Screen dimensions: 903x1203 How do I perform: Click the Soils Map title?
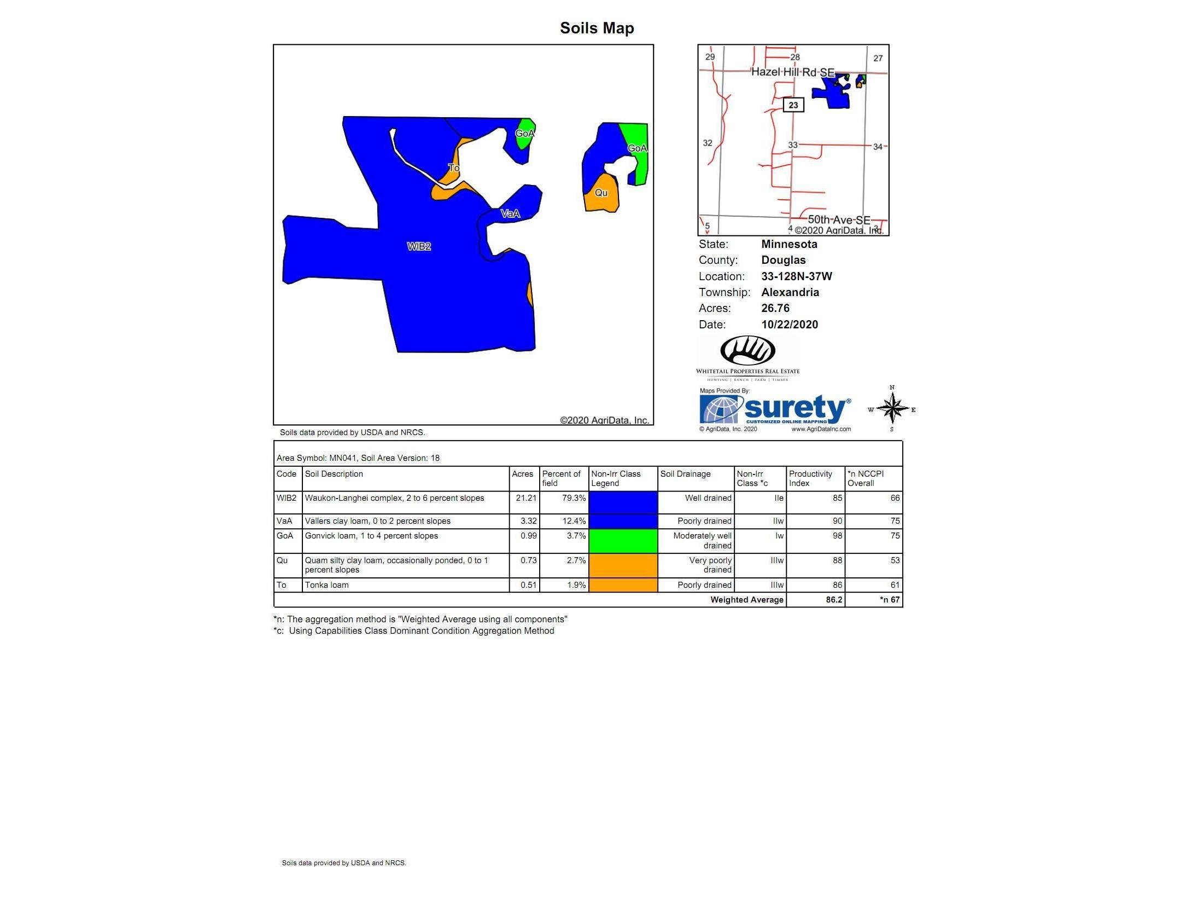pyautogui.click(x=597, y=28)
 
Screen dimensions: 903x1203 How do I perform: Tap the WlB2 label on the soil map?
pyautogui.click(x=419, y=247)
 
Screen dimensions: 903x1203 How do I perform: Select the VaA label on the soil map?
pyautogui.click(x=510, y=213)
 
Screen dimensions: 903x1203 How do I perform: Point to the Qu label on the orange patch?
pyautogui.click(x=601, y=193)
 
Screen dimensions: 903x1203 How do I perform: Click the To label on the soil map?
pyautogui.click(x=453, y=167)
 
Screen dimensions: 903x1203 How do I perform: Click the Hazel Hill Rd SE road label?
pyautogui.click(x=792, y=72)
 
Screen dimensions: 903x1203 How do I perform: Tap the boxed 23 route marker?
pyautogui.click(x=793, y=105)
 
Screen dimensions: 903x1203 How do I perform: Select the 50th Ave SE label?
pyautogui.click(x=839, y=220)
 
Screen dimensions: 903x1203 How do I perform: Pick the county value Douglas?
pyautogui.click(x=783, y=260)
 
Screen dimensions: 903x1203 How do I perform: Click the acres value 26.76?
pyautogui.click(x=775, y=308)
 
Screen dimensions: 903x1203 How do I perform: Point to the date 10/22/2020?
pyautogui.click(x=789, y=325)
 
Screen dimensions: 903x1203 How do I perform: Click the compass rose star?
pyautogui.click(x=892, y=409)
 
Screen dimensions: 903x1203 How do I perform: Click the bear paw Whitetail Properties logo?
pyautogui.click(x=748, y=351)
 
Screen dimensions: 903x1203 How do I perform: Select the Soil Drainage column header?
pyautogui.click(x=685, y=474)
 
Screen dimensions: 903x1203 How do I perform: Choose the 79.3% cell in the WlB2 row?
pyautogui.click(x=574, y=498)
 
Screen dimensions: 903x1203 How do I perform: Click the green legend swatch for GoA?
pyautogui.click(x=623, y=541)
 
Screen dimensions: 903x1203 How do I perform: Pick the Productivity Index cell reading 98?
pyautogui.click(x=837, y=536)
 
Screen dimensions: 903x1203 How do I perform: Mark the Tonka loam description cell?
pyautogui.click(x=326, y=585)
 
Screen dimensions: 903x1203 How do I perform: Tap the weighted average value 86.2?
pyautogui.click(x=833, y=600)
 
